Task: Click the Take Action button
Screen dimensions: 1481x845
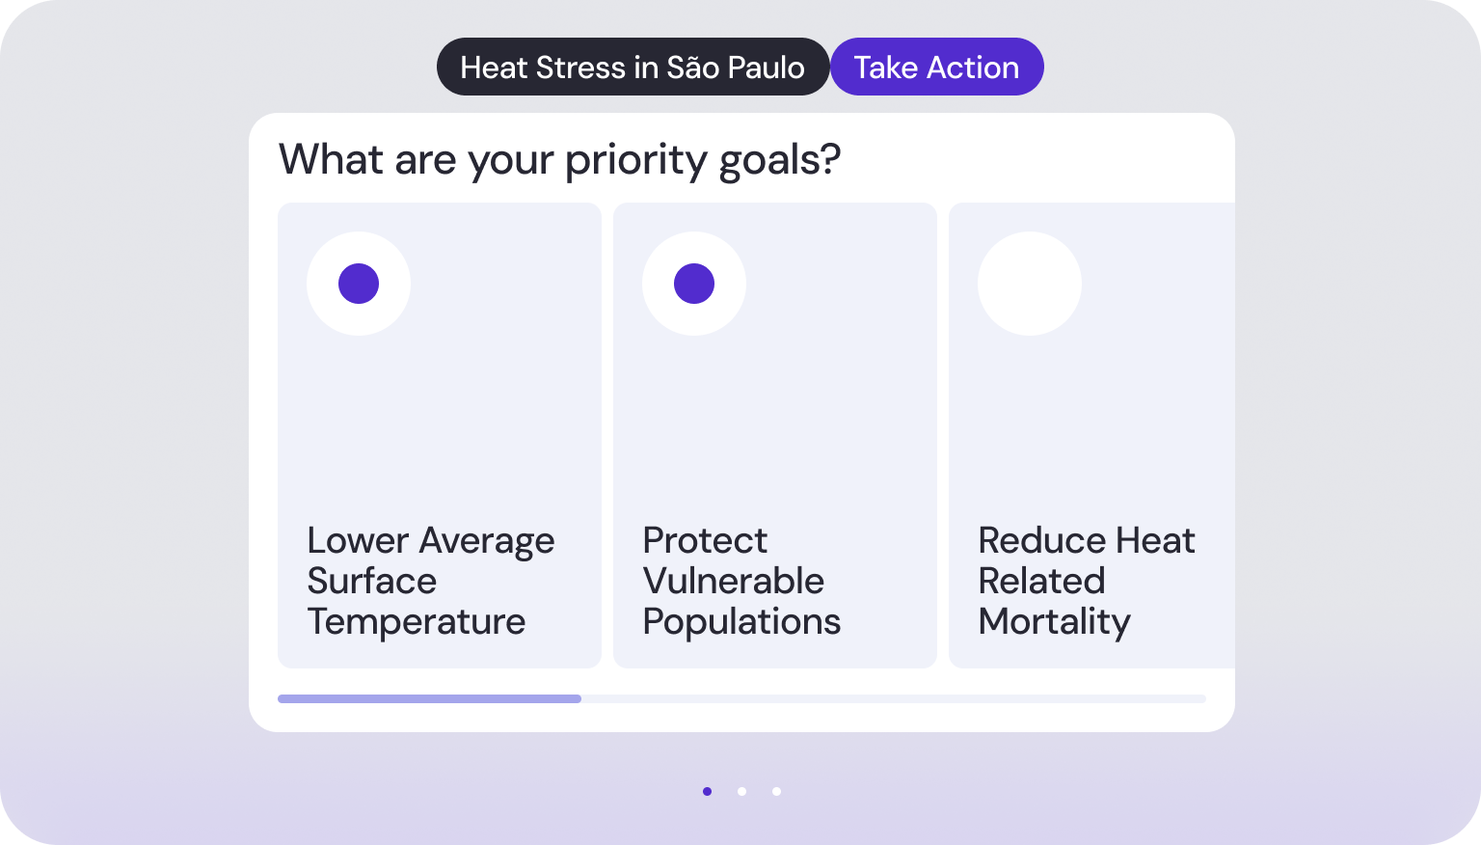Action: pos(937,67)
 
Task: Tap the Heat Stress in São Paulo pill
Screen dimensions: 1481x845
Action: pos(633,67)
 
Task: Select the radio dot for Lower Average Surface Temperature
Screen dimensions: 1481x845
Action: pos(359,284)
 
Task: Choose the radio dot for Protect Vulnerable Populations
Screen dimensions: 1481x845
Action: pos(694,284)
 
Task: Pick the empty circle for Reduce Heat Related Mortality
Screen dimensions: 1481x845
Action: pos(1030,284)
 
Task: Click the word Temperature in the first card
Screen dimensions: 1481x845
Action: pos(417,621)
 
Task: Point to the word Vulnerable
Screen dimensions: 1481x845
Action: pos(733,582)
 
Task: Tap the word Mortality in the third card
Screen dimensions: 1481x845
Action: pos(1055,622)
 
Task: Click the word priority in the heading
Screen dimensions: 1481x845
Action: pos(636,160)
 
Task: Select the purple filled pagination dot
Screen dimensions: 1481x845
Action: pos(708,791)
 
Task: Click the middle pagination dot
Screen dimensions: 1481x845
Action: pos(741,791)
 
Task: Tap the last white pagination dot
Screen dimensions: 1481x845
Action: pos(777,791)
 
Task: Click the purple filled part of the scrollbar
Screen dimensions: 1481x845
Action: pos(429,699)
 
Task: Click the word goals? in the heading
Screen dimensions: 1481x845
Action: pos(780,160)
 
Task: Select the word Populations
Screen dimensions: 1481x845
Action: pos(741,622)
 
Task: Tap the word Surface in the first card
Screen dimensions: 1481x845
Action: pos(372,582)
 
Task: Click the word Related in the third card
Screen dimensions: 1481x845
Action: pos(1042,582)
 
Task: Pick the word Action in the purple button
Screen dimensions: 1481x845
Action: pos(973,68)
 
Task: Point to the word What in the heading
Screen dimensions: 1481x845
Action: pos(332,159)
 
